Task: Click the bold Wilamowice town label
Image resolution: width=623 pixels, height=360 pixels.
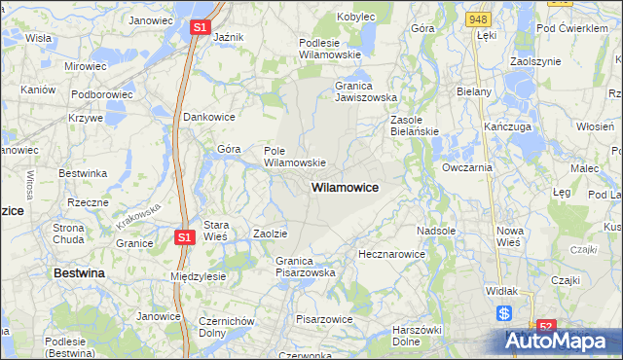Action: [345, 186]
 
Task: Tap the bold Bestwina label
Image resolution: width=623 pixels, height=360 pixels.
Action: [79, 274]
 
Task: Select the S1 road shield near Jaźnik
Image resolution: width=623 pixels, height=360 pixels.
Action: [199, 28]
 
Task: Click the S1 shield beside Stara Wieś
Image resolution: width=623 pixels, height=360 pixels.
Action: [185, 236]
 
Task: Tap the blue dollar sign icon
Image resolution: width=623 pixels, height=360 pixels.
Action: [504, 313]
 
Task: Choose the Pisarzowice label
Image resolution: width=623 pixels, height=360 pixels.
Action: [323, 318]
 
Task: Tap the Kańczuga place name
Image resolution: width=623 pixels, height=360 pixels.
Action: [505, 127]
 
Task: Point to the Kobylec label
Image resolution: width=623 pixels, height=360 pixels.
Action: [355, 17]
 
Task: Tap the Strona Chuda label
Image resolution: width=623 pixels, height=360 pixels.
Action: [70, 233]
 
